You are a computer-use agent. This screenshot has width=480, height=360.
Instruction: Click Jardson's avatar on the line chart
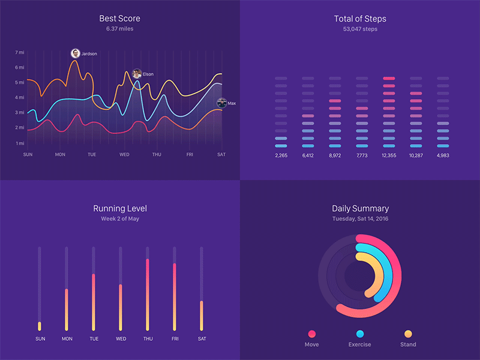(x=75, y=53)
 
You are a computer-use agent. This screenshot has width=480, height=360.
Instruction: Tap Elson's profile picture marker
(x=137, y=74)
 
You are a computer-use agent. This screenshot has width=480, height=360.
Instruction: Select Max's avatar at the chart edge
(x=221, y=103)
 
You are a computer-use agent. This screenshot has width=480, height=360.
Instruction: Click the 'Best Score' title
(x=119, y=19)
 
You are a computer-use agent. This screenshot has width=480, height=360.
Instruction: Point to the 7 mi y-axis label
(x=20, y=52)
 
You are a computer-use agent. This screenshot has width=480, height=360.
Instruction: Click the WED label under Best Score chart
(x=124, y=155)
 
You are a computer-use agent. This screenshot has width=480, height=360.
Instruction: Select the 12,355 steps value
(x=389, y=155)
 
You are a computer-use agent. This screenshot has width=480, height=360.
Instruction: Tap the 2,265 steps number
(x=281, y=155)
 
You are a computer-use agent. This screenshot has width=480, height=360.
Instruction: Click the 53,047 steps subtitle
(x=360, y=29)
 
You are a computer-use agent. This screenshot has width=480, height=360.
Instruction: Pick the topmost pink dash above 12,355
(x=389, y=79)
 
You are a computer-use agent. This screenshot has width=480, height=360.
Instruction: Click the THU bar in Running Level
(x=148, y=294)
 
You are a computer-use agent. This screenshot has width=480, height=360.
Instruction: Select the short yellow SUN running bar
(x=40, y=326)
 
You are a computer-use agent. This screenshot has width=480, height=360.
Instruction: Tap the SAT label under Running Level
(x=202, y=338)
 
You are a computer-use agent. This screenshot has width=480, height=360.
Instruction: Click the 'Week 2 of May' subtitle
(x=119, y=219)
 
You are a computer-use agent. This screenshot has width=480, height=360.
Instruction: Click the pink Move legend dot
(x=311, y=334)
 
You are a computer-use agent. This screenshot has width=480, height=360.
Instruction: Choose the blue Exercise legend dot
(x=359, y=334)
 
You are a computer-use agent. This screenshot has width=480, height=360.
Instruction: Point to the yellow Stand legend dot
(x=408, y=334)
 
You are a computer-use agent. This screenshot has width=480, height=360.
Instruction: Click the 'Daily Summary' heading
(x=360, y=209)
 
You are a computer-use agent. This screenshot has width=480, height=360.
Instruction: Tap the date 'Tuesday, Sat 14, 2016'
(x=360, y=219)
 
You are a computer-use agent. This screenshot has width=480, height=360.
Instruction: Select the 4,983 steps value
(x=443, y=155)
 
